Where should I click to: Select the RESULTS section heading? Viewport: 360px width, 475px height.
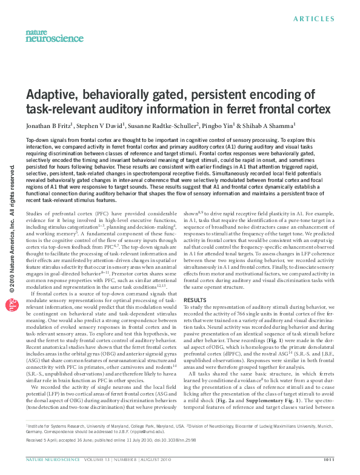point(195,300)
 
